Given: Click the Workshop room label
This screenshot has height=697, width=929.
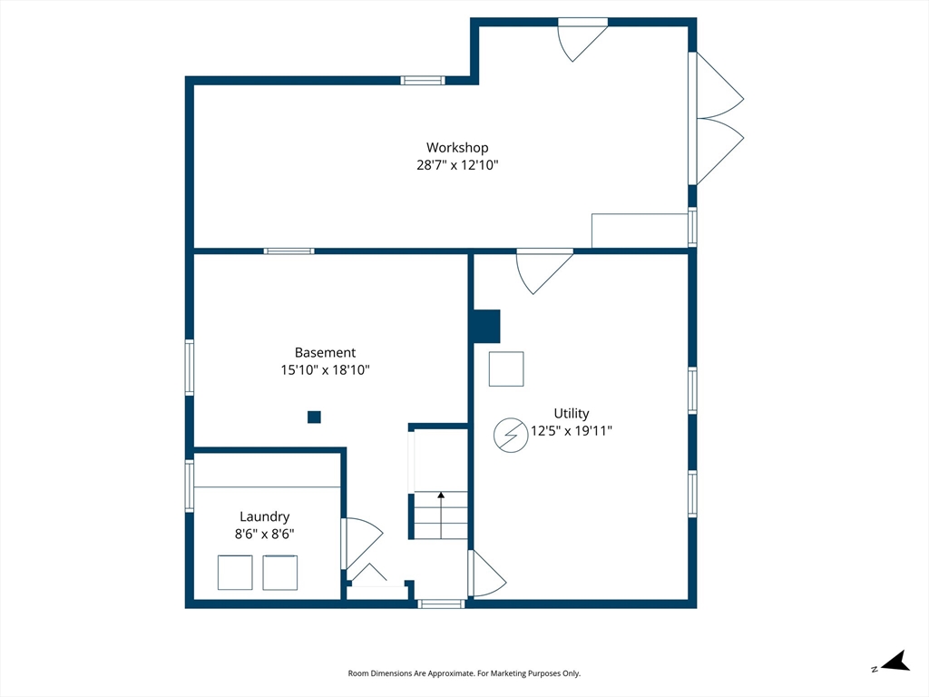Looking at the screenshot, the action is pos(457,148).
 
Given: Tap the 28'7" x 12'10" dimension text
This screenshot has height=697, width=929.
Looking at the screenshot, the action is pos(457,165).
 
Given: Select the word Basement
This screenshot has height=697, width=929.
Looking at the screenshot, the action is pos(326,353).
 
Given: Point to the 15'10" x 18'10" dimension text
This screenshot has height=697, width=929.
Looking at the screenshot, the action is pos(326,370).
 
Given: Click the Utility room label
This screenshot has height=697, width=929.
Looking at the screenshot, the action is pos(572,414).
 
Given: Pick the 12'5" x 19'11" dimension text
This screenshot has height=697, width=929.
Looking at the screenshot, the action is pos(572,431).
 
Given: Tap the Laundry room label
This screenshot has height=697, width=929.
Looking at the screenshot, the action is pos(264,516).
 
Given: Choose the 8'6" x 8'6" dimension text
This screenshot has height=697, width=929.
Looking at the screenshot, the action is pos(264,534).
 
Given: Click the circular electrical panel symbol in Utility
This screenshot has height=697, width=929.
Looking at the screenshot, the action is pos(511,436).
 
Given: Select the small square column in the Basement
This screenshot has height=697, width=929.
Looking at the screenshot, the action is pos(314,417).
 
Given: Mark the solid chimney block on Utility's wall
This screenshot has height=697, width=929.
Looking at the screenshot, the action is pos(486,326).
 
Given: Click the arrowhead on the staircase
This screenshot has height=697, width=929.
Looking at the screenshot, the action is pos(441,495).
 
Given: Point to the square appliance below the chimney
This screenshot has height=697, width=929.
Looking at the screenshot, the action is pos(506,369).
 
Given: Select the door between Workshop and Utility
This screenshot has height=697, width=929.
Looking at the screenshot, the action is pos(544,271).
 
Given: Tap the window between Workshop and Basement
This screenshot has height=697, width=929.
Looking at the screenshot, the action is pos(289,251).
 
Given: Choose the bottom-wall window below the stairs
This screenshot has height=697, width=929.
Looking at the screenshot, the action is pos(442,604).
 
